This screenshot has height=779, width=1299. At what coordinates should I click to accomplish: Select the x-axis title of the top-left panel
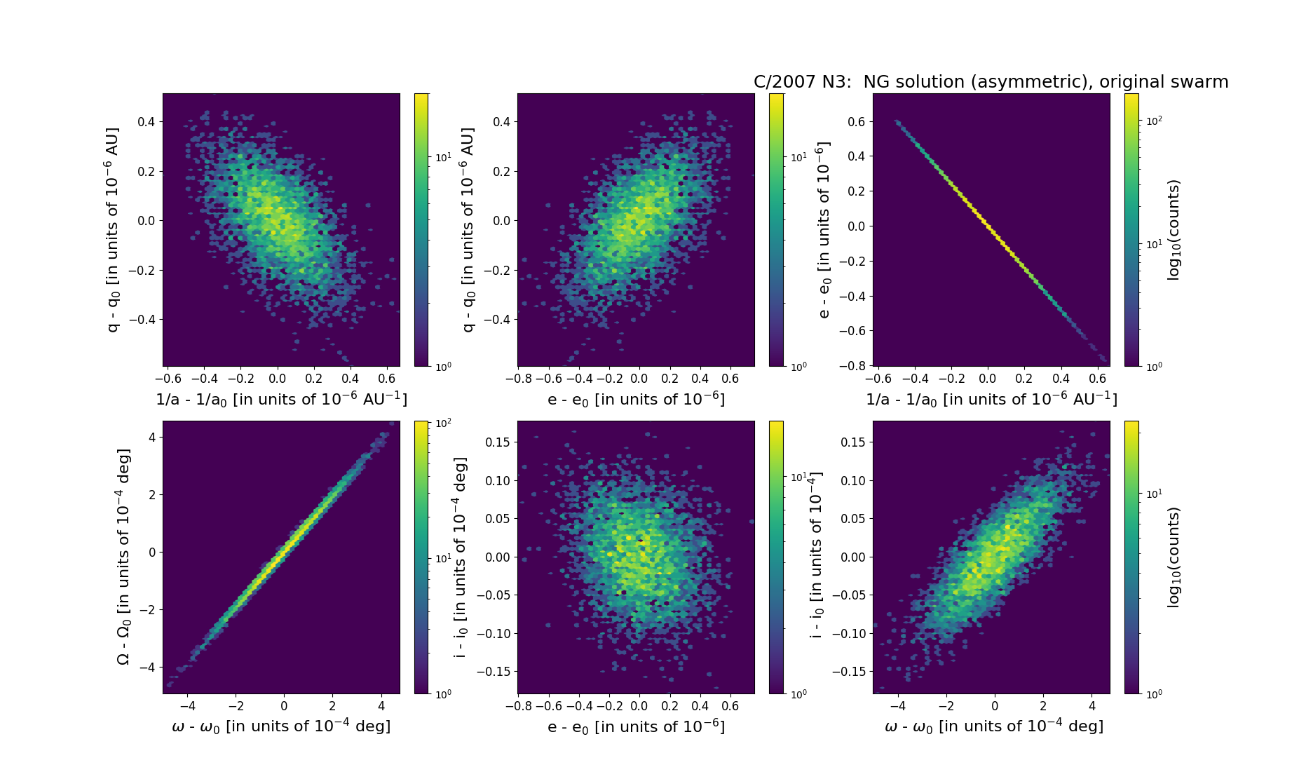coord(281,400)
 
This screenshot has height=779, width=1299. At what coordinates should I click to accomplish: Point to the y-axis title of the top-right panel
coord(824,229)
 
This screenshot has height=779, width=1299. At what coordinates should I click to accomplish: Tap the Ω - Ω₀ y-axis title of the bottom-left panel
coord(123,557)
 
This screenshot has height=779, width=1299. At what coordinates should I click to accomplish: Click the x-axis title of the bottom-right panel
coord(994,726)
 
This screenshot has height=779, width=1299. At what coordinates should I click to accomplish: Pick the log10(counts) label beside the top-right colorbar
coord(1174,229)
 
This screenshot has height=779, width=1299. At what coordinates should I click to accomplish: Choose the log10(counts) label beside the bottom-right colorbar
coord(1174,557)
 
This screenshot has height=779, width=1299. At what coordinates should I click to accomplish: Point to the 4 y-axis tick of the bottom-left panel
coord(153,437)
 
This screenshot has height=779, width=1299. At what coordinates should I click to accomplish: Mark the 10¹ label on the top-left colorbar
coord(443,157)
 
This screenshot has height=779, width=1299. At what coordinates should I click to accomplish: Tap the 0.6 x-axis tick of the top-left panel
coord(387,379)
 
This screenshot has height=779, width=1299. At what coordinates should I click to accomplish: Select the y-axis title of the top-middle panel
coord(468,229)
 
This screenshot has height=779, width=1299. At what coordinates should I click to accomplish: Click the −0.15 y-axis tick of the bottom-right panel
coord(850,671)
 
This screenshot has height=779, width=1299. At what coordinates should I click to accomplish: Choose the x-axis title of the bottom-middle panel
coord(636,726)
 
